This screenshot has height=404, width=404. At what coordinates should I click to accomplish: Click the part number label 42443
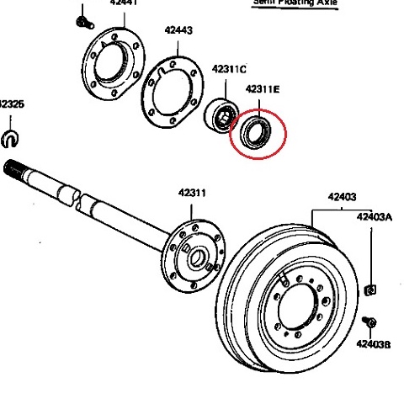coord(178,31)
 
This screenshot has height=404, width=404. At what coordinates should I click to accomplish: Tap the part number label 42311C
coord(229,69)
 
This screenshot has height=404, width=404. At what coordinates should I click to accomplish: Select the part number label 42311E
coord(263,88)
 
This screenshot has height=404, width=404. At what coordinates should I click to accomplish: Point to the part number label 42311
coord(191,193)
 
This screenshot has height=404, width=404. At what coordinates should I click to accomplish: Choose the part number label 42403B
coord(372,343)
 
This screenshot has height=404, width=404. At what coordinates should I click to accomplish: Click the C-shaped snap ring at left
coord(12,136)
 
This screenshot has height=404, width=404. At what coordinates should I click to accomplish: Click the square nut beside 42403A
coord(369,291)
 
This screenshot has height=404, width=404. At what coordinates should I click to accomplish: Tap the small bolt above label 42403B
coord(369,323)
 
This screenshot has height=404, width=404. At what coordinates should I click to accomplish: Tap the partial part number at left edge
coord(11,105)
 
